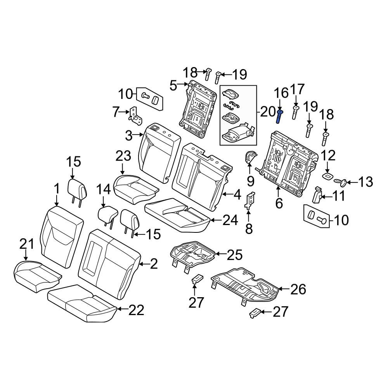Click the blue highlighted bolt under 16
(x=279, y=117)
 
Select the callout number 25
(x=235, y=255)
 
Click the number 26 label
(x=298, y=289)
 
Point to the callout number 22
(x=136, y=310)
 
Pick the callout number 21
(x=27, y=244)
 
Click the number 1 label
(x=57, y=189)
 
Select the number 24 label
(x=230, y=220)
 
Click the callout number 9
(x=250, y=181)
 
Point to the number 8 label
(x=249, y=229)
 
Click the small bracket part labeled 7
(x=135, y=116)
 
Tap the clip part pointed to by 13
(x=340, y=182)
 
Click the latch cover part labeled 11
(x=317, y=195)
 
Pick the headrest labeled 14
(x=107, y=214)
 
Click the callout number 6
(x=279, y=203)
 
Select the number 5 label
(x=173, y=86)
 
